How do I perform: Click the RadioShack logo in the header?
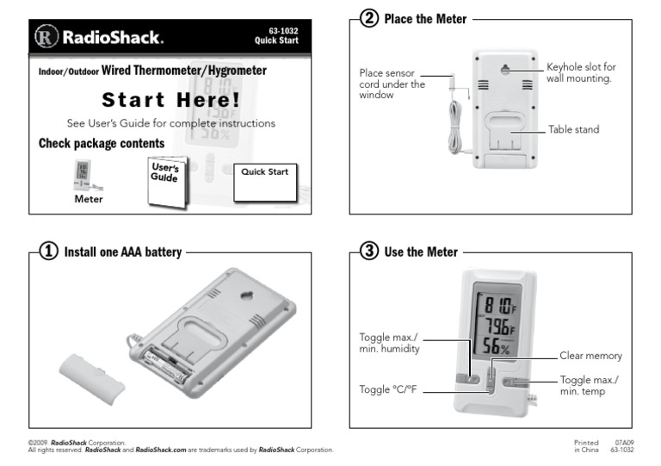[99, 38]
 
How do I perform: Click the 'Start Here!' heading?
[170, 99]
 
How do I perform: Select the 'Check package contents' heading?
[102, 143]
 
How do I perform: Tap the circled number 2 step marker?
[368, 19]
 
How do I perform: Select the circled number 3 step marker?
[368, 252]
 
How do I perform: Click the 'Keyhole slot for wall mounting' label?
[581, 72]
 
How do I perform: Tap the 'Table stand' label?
[573, 129]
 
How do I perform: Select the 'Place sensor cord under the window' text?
[392, 84]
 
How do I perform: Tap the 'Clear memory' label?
[590, 355]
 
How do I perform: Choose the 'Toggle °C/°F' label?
[389, 389]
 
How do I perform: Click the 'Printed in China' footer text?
[585, 445]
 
